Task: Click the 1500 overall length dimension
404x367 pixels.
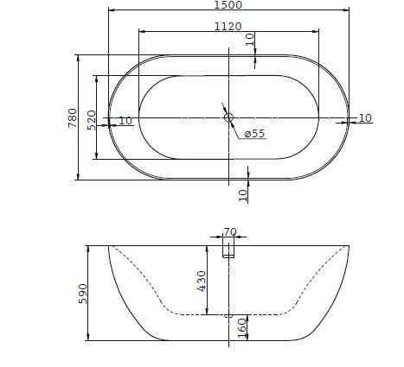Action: (x=228, y=5)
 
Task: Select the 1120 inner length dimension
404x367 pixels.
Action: (x=228, y=27)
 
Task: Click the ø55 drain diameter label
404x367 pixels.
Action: (x=254, y=134)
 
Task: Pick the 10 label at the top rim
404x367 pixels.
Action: (x=250, y=40)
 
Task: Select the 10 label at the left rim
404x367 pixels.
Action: (x=125, y=121)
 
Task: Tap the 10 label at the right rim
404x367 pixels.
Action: (x=364, y=117)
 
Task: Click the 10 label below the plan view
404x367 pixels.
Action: (x=243, y=194)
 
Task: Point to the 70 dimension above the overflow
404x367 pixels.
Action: (x=229, y=231)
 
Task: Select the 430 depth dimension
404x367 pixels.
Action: (x=202, y=281)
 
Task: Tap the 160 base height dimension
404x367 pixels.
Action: (x=242, y=327)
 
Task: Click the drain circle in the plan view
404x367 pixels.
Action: (x=228, y=117)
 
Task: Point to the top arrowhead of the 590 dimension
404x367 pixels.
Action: (x=89, y=248)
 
